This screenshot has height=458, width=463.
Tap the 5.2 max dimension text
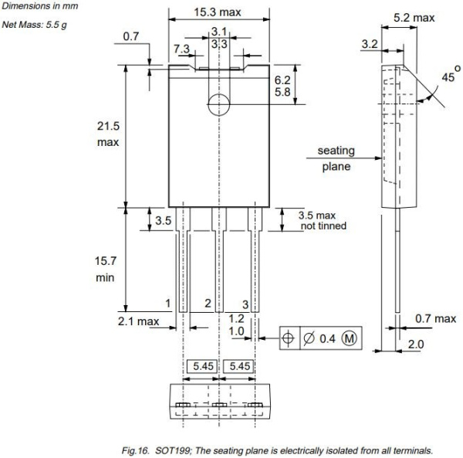pos(413,17)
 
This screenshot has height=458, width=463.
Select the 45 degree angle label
pos(448,79)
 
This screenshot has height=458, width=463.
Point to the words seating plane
pos(336,158)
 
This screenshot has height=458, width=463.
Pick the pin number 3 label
pos(245,304)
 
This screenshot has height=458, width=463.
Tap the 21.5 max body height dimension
pos(108,134)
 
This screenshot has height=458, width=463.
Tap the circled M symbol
pos(350,338)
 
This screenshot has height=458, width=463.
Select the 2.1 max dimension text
pos(138,321)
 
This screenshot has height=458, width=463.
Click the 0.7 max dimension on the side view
pos(435,319)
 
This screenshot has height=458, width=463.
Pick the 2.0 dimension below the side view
pos(416,344)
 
